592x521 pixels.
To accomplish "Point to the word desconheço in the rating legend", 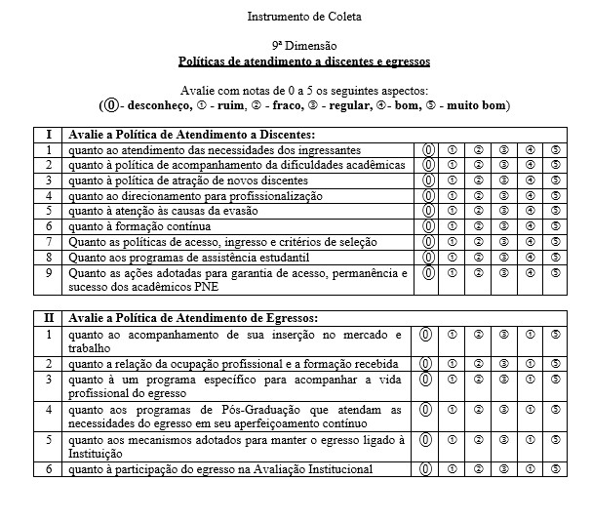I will (160, 105).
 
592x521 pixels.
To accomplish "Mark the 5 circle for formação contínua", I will (555, 226).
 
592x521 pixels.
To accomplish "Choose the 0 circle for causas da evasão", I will (427, 211).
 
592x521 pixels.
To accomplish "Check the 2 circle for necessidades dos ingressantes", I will (479, 149).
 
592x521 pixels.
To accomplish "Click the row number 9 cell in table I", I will (48, 273).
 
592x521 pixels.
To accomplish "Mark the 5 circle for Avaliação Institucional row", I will (555, 469).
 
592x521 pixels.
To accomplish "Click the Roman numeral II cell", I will (48, 317).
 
